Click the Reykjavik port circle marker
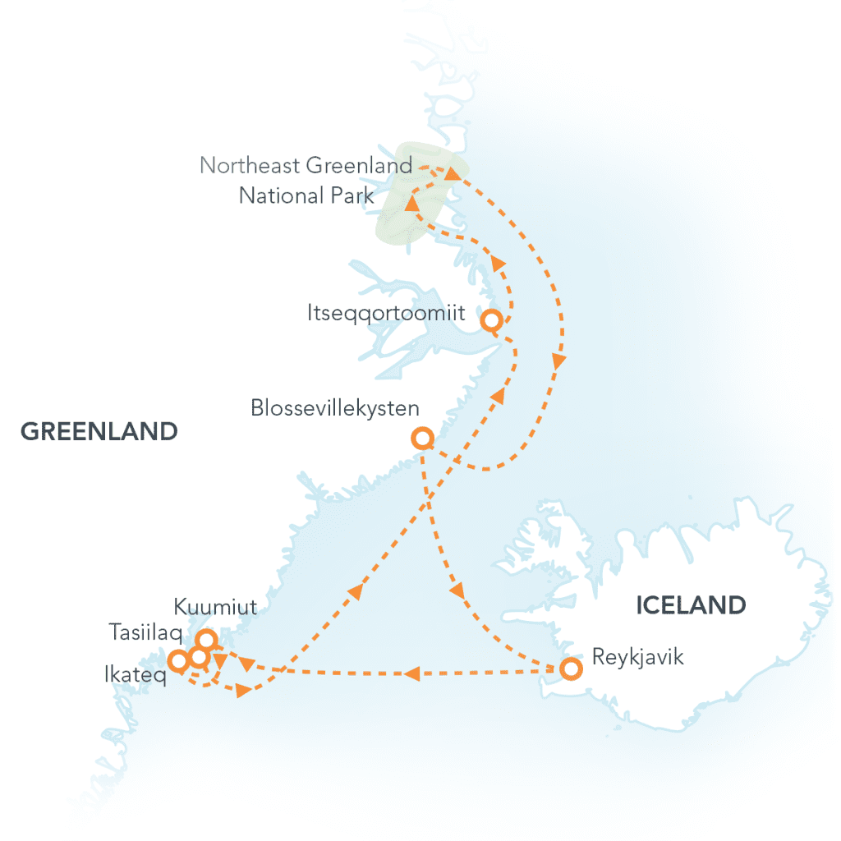(572, 669)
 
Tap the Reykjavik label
(637, 658)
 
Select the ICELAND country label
(692, 605)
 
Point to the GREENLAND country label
(99, 431)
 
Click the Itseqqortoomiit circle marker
(491, 320)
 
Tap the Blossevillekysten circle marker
(422, 439)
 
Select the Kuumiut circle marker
(207, 639)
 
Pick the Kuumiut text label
(216, 608)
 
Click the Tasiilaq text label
(145, 632)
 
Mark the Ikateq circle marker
(177, 660)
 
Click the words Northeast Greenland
(306, 165)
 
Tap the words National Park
(306, 196)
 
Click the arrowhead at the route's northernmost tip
(452, 173)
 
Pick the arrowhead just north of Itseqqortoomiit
(496, 262)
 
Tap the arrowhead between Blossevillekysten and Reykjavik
(457, 590)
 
